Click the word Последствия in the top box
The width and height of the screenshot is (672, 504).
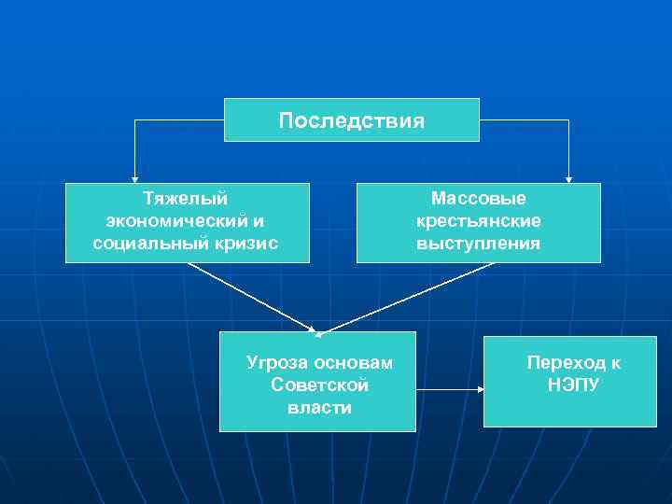pyautogui.click(x=351, y=121)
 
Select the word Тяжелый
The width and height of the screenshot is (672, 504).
pyautogui.click(x=186, y=198)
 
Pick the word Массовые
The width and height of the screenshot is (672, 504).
pyautogui.click(x=479, y=198)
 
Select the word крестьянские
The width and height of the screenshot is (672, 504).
pyautogui.click(x=479, y=221)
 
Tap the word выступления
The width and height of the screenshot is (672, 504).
pyautogui.click(x=479, y=244)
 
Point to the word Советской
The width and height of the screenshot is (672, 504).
pyautogui.click(x=319, y=385)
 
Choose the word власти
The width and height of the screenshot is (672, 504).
pyautogui.click(x=319, y=408)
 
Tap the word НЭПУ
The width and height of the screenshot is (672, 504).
pyautogui.click(x=573, y=385)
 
